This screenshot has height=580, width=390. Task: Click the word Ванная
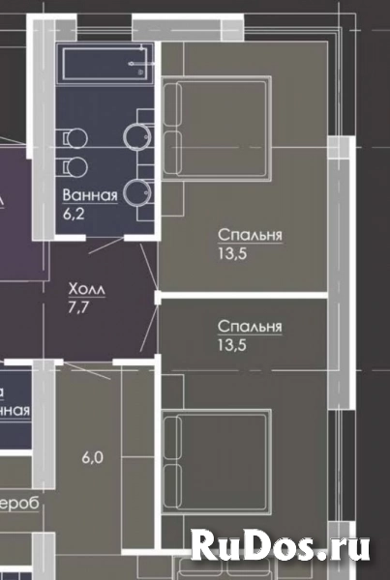coord(90,194)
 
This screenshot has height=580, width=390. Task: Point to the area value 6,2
coord(74,213)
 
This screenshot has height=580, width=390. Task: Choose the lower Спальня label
coord(250,327)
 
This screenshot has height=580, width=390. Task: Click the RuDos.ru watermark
coord(281,547)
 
